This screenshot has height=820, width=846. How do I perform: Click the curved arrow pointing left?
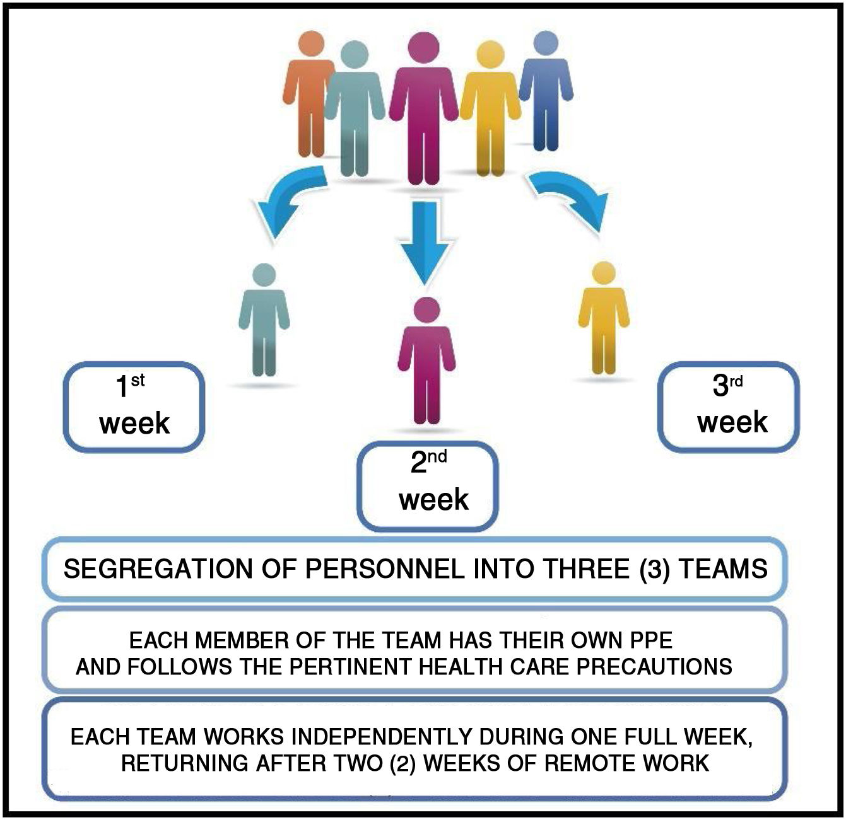point(287,199)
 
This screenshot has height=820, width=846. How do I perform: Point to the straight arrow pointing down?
point(423,240)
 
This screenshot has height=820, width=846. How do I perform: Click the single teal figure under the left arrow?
point(264,321)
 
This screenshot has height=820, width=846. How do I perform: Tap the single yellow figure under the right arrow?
point(604,318)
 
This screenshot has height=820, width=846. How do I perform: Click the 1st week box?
point(134,407)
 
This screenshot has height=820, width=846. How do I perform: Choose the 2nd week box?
point(428,485)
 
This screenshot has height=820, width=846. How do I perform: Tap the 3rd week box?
point(729,407)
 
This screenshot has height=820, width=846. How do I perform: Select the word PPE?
point(651,640)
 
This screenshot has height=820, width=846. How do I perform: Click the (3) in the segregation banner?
point(654,570)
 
